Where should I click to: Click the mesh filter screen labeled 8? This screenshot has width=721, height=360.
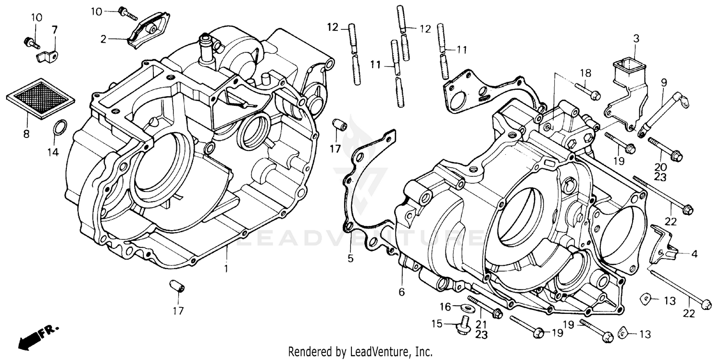[41, 98]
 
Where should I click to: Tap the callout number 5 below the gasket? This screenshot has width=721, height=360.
[350, 259]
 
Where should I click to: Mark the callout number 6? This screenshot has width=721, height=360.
[402, 291]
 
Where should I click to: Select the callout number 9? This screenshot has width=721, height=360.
[664, 82]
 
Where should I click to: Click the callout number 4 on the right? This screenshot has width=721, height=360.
[694, 253]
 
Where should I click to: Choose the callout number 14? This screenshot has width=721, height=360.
[53, 152]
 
